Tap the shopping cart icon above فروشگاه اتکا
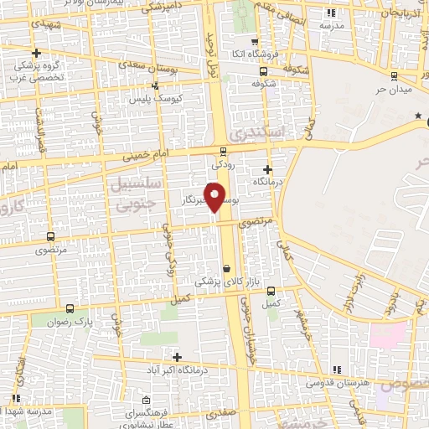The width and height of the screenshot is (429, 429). point(255,40)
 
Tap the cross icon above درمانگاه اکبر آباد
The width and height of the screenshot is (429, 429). point(176,358)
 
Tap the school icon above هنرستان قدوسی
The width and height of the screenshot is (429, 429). point(336,370)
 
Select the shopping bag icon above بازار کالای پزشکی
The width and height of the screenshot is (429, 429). point(225,267)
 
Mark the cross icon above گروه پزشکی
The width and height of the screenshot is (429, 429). point(36,54)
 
